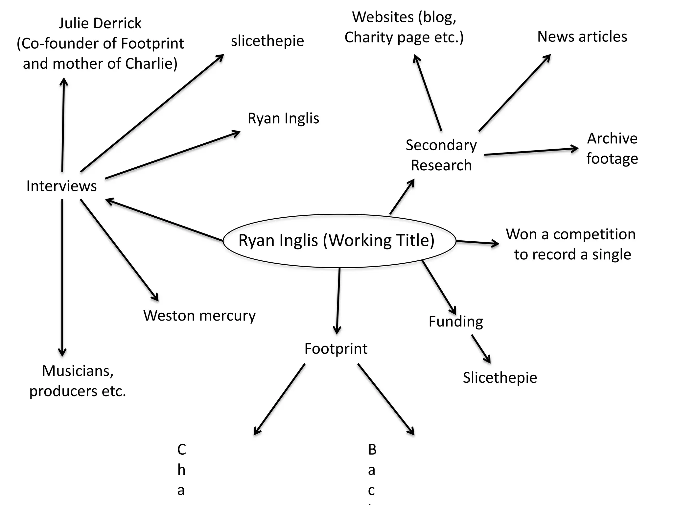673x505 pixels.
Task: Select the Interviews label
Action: click(x=61, y=186)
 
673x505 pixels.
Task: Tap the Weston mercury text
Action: click(x=199, y=316)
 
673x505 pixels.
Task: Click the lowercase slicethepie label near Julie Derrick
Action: click(x=267, y=41)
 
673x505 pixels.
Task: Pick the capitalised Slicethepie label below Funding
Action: click(x=499, y=377)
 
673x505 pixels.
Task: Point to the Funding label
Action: click(x=455, y=322)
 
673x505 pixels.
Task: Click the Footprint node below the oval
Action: click(x=336, y=349)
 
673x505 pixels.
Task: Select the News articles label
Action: click(x=582, y=37)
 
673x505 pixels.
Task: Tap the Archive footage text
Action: click(x=612, y=148)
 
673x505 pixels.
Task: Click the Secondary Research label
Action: click(x=441, y=155)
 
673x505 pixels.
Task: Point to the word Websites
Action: click(x=383, y=17)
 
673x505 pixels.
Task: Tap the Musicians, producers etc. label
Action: click(x=78, y=381)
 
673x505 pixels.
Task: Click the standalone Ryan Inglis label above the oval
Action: click(x=283, y=118)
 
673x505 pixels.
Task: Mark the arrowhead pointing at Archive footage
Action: click(x=574, y=149)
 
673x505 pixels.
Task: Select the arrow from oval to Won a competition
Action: click(x=477, y=243)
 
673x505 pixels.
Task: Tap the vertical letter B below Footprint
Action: click(x=372, y=449)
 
